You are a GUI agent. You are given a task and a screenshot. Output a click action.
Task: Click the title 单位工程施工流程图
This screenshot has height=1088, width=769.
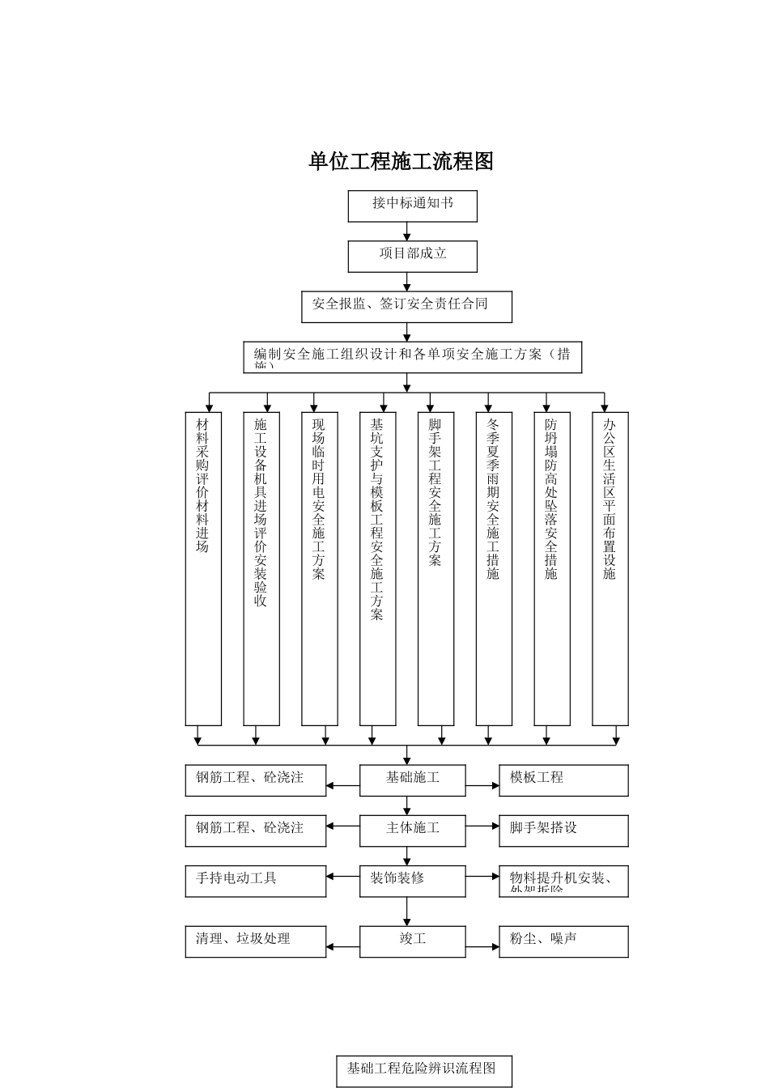click(401, 161)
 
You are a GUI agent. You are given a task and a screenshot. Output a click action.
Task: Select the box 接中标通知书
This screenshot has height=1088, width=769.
click(412, 206)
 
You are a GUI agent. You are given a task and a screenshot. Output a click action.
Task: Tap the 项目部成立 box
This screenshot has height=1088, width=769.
click(412, 256)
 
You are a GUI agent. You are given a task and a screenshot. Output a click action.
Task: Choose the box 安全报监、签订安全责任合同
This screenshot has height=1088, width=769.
click(406, 306)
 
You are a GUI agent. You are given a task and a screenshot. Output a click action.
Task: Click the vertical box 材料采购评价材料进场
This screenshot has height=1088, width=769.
click(203, 568)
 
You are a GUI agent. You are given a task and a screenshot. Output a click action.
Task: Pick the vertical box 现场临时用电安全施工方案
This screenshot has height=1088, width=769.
click(319, 568)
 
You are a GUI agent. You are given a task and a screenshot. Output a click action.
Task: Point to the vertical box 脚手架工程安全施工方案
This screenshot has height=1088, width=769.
click(435, 568)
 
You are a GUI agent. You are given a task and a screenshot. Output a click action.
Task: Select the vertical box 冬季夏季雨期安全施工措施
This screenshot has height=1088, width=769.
click(494, 568)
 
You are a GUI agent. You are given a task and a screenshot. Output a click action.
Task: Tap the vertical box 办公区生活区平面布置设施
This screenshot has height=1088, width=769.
click(610, 568)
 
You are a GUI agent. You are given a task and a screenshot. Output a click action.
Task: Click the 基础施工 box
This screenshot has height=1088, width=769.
click(413, 780)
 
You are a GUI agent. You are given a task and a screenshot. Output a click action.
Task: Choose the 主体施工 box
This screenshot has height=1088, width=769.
click(413, 830)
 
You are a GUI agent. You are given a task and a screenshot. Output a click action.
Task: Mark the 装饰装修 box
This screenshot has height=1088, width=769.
click(413, 881)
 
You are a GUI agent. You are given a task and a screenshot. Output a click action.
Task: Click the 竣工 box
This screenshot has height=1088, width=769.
click(413, 941)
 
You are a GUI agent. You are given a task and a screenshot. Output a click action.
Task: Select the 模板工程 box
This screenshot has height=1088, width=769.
click(563, 780)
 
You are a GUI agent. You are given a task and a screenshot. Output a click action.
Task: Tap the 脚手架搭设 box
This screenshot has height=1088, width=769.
click(563, 830)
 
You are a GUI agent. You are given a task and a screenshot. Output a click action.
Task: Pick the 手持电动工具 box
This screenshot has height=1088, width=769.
click(256, 881)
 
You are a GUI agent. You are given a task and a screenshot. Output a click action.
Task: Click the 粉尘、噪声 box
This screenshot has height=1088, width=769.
click(563, 941)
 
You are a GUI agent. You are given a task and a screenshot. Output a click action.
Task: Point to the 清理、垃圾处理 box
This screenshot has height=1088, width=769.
click(256, 941)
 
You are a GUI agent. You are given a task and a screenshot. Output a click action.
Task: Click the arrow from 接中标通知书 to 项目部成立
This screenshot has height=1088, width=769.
click(407, 232)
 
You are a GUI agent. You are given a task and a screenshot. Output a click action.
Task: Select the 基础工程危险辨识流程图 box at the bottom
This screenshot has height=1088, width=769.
click(424, 1070)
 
